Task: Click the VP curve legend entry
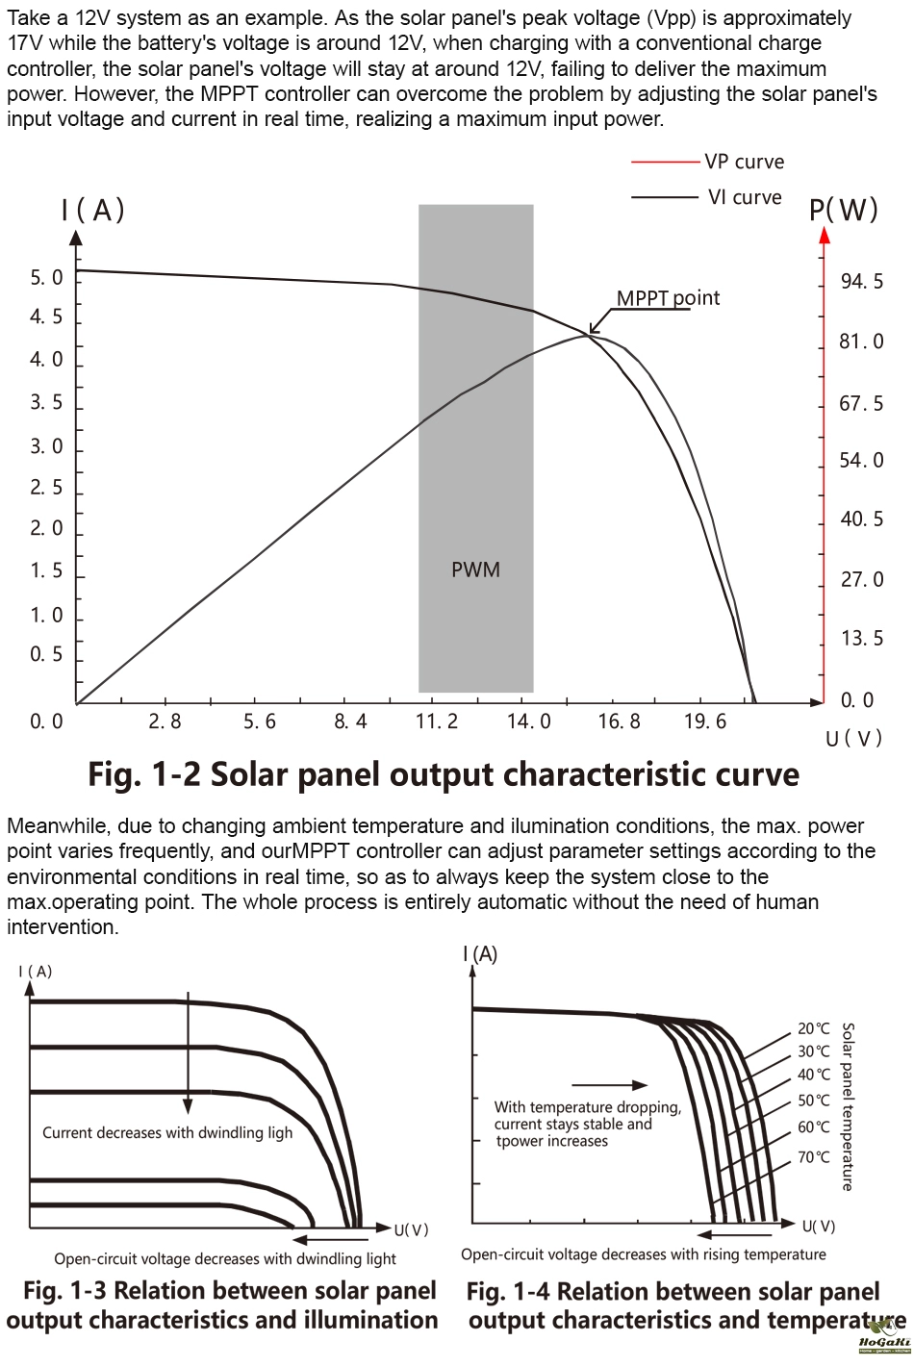click(744, 162)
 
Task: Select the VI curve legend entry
click(744, 197)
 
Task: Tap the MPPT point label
click(668, 297)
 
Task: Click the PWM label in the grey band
click(475, 570)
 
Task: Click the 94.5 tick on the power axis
click(861, 282)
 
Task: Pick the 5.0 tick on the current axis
click(46, 278)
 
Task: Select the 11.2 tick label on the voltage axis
click(437, 721)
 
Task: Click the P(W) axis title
click(844, 210)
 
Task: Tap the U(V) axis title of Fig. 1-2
click(853, 739)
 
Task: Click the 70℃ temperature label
click(813, 1156)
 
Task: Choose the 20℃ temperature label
click(813, 1028)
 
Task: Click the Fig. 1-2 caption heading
click(444, 774)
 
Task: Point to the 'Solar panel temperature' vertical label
click(848, 1106)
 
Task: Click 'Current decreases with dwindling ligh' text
click(167, 1132)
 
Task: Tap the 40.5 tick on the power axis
click(861, 519)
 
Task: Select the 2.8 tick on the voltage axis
click(165, 721)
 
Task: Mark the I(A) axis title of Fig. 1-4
click(480, 953)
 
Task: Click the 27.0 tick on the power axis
click(861, 579)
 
